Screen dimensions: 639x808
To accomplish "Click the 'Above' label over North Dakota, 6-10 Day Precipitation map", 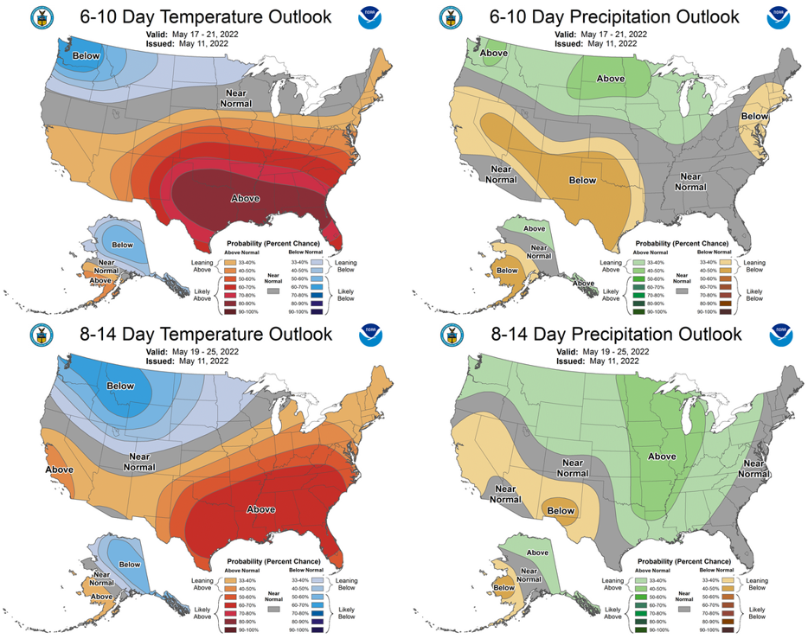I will (611, 79).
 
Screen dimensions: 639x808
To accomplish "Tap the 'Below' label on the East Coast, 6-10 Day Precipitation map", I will (754, 116).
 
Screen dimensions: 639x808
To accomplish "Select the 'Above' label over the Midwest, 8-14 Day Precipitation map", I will (662, 456).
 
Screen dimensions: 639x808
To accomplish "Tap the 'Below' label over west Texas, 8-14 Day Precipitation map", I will (560, 511).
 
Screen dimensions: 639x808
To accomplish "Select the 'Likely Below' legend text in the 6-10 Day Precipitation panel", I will (754, 296).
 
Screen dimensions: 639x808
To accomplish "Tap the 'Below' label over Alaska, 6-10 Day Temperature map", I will (123, 245).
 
